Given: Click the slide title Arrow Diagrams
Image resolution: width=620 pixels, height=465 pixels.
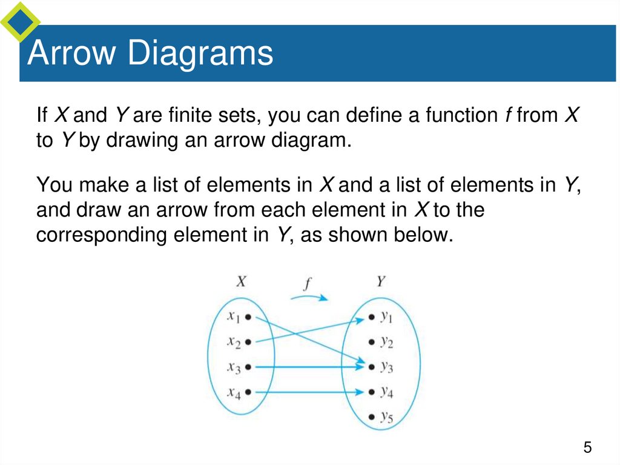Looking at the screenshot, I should (x=150, y=53).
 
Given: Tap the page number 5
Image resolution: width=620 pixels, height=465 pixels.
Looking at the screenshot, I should (x=587, y=448).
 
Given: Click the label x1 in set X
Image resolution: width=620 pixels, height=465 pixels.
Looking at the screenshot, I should (x=233, y=317).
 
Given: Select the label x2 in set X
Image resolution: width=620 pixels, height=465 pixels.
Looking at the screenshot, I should (x=234, y=343).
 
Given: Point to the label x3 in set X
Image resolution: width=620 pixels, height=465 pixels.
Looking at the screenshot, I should (x=234, y=368).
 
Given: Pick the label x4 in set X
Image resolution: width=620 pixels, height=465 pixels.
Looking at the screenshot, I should (x=234, y=393).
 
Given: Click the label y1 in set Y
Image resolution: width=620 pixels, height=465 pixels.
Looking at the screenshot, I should (x=387, y=317).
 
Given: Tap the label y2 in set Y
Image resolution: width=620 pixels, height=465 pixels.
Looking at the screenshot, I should (x=387, y=343).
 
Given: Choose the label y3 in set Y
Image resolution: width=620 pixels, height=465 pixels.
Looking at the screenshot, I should (x=387, y=367).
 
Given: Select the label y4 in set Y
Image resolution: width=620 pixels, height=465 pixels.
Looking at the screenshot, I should (x=387, y=392).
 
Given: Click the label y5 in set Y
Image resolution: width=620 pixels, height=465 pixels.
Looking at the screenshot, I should (x=387, y=417).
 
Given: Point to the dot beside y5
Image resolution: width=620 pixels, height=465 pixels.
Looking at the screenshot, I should (x=371, y=416).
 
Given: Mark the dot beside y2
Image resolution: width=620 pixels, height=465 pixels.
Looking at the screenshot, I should (x=371, y=342).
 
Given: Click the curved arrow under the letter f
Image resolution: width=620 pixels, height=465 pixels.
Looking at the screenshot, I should (x=309, y=297).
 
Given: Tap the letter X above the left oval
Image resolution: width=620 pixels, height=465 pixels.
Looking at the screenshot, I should (x=241, y=281).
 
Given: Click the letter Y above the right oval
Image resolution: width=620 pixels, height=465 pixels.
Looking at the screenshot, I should (x=381, y=281).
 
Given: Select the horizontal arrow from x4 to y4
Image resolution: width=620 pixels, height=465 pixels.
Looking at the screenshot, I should (x=309, y=392).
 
